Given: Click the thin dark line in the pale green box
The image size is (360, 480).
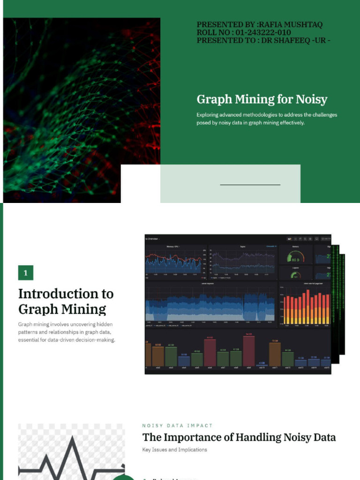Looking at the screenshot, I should pyautogui.click(x=250, y=185).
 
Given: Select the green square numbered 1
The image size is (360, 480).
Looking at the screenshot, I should pyautogui.click(x=26, y=273).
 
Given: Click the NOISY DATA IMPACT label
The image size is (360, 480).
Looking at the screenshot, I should pyautogui.click(x=177, y=426).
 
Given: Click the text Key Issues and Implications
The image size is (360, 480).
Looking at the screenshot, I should pyautogui.click(x=174, y=450).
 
